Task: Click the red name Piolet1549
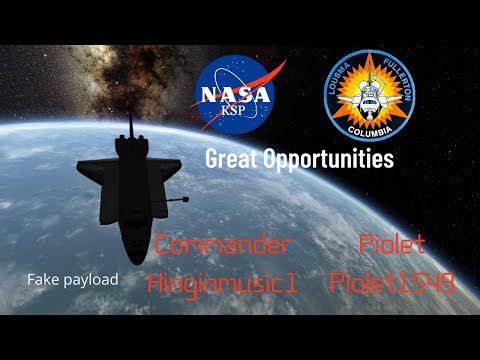click(x=391, y=283)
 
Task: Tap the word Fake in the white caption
click(x=44, y=279)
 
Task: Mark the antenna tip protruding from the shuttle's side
click(x=186, y=199)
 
